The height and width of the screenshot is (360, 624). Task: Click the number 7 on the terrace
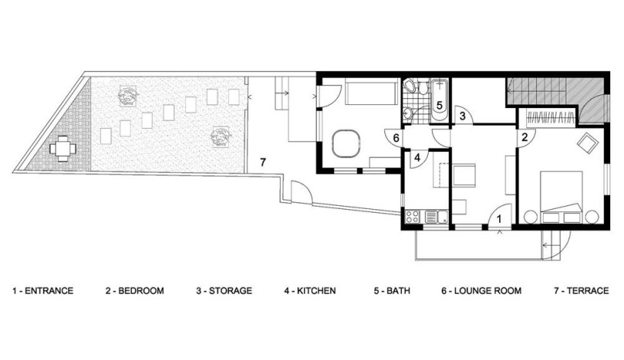click(263, 162)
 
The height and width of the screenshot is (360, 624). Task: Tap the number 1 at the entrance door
click(500, 218)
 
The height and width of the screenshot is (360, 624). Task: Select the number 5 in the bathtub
click(439, 106)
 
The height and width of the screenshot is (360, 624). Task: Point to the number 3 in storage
click(462, 116)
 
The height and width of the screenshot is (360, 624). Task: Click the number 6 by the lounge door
click(396, 138)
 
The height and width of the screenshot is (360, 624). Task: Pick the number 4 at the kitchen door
click(417, 158)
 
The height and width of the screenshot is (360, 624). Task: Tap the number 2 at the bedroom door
click(524, 137)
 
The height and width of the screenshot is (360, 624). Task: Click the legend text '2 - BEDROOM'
click(135, 291)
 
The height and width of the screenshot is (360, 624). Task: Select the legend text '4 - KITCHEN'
click(309, 291)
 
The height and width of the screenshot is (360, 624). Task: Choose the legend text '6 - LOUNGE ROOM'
click(481, 291)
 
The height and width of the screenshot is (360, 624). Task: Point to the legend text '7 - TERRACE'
click(581, 291)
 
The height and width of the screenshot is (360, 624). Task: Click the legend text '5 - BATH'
click(391, 291)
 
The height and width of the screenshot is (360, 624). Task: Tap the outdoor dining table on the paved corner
click(63, 149)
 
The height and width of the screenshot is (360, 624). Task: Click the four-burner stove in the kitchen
click(412, 217)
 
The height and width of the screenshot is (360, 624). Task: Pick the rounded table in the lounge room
click(346, 142)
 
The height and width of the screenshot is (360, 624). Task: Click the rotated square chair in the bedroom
click(588, 143)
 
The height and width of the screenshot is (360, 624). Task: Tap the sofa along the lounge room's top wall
click(372, 92)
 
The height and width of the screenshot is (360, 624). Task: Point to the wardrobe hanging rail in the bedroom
click(550, 117)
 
